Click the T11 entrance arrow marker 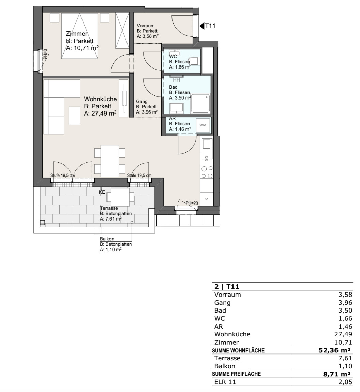(202, 26)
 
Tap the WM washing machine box (203, 125)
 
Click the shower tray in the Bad (200, 104)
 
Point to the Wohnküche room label (100, 99)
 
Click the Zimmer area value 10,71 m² (82, 48)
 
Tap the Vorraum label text (146, 26)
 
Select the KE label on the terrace (102, 192)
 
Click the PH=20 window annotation (192, 203)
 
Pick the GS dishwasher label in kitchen (206, 158)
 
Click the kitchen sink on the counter (207, 144)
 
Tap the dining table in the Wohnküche (110, 161)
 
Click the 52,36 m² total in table (334, 350)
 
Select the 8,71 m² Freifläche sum (337, 374)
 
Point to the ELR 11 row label (225, 382)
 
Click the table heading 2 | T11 (227, 286)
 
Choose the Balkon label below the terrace (107, 239)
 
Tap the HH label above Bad (176, 80)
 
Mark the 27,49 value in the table (343, 334)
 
